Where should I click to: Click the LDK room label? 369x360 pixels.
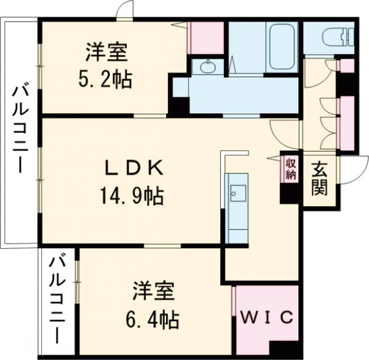(x=133, y=168)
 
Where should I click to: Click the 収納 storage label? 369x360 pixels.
(x=290, y=168)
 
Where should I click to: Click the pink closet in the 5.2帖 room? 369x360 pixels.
(x=206, y=37)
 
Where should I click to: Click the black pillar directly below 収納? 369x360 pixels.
(x=288, y=193)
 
